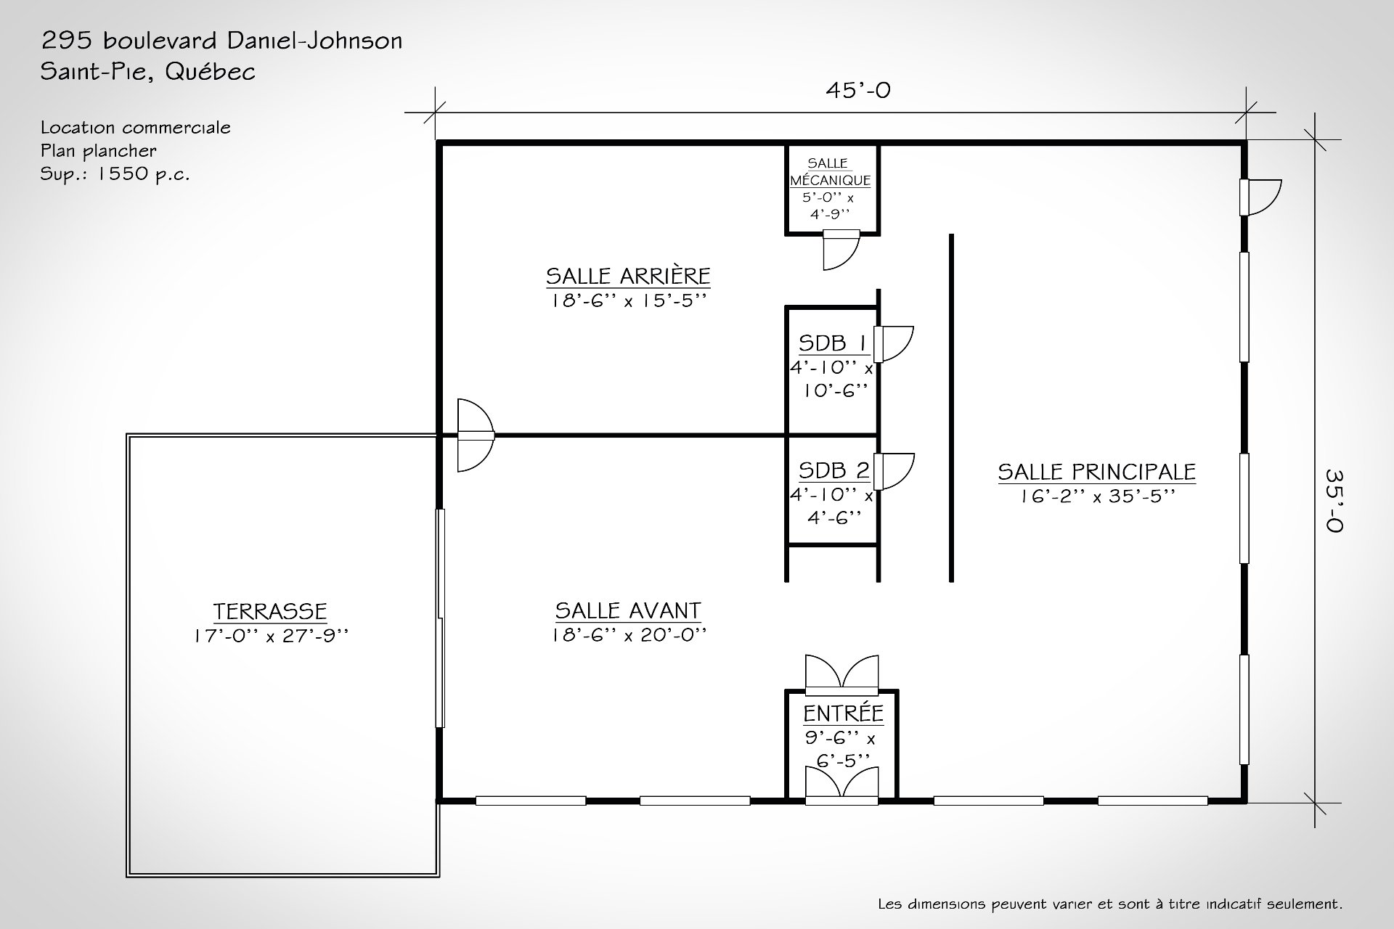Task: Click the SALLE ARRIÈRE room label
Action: [628, 277]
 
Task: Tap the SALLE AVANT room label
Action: [628, 610]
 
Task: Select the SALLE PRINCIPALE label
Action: [1096, 472]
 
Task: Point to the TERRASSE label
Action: [270, 611]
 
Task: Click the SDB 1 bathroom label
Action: [832, 343]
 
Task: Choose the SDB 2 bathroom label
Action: [833, 470]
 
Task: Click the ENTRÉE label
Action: [842, 713]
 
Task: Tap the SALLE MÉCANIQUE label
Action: [830, 173]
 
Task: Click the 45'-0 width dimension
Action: [857, 91]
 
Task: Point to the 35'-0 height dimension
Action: [1334, 500]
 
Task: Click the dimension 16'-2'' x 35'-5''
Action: [1096, 496]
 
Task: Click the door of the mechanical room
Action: [841, 250]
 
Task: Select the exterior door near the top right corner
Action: [1262, 197]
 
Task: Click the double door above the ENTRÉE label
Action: [842, 673]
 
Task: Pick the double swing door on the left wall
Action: [473, 435]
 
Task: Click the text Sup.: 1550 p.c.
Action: [115, 174]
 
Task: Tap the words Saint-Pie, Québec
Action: [147, 72]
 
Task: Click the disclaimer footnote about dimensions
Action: [1109, 904]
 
